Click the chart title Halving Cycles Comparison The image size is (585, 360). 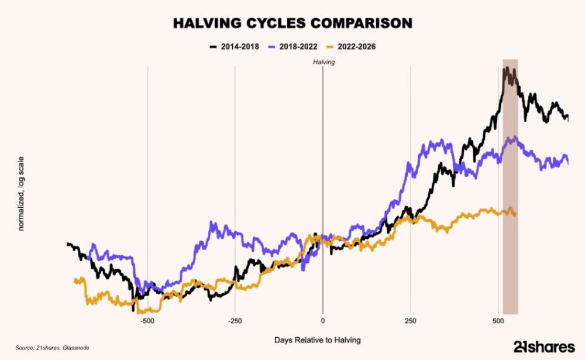click(x=292, y=23)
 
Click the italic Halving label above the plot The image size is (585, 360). click(x=322, y=61)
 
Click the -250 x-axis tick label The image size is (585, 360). click(x=235, y=321)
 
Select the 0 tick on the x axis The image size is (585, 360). click(x=322, y=321)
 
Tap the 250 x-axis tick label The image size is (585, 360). click(x=410, y=321)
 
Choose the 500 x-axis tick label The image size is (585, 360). click(x=498, y=321)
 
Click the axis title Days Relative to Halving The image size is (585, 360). click(x=317, y=340)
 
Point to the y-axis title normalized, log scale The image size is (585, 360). click(x=21, y=193)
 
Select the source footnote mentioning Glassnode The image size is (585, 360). click(x=52, y=348)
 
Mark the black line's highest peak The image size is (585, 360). click(x=505, y=69)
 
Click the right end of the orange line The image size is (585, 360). click(x=516, y=215)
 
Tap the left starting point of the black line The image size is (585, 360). click(x=68, y=244)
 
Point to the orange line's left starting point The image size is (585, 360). click(x=74, y=282)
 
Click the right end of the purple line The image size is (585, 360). click(x=568, y=164)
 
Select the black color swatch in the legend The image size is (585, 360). click(x=214, y=46)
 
